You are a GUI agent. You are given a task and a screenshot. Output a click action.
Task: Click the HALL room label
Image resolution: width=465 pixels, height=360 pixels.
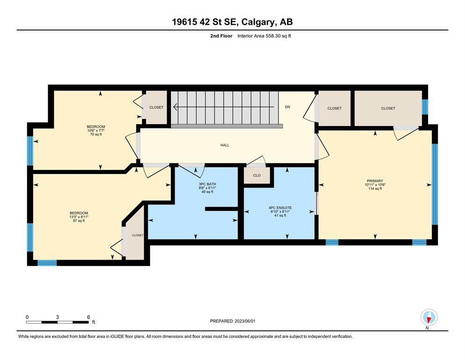(225, 145)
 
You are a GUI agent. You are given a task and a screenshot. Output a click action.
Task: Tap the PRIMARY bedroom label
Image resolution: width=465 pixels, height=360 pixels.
(375, 181)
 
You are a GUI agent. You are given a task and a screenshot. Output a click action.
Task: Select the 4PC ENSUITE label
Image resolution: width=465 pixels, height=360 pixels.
(280, 208)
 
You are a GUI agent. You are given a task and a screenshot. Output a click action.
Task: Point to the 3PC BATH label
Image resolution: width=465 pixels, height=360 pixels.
(207, 184)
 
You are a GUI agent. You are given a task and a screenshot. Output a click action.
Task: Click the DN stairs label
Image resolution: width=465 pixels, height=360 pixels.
(288, 107)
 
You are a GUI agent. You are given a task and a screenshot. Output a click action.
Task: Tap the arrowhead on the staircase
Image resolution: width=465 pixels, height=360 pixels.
(176, 106)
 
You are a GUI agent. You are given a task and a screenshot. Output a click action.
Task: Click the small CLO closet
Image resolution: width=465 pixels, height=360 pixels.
(257, 175)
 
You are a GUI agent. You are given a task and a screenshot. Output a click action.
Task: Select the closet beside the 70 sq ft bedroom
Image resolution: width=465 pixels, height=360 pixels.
(156, 107)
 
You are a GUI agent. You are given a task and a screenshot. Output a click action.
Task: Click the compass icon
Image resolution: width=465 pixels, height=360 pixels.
(429, 317)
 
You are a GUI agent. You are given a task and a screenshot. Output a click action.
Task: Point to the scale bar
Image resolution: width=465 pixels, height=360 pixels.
(58, 322)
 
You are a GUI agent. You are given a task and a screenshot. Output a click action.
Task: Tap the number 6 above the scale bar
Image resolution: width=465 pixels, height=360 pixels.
(89, 317)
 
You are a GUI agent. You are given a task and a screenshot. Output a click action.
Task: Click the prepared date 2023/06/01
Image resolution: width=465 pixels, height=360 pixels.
(245, 321)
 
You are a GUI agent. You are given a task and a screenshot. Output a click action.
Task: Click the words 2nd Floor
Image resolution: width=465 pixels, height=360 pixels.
(221, 36)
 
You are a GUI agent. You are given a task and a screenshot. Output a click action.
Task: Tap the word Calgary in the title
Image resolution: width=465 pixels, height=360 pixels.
(257, 22)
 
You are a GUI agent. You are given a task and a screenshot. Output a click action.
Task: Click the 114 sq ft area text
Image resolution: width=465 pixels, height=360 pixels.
(375, 188)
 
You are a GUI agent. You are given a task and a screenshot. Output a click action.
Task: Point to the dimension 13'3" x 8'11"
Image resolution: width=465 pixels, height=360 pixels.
(79, 217)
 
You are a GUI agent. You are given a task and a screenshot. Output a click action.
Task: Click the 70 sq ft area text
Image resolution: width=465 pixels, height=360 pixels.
(96, 135)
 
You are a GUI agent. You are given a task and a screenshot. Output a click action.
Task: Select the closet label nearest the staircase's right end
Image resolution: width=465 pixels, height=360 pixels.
(334, 108)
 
